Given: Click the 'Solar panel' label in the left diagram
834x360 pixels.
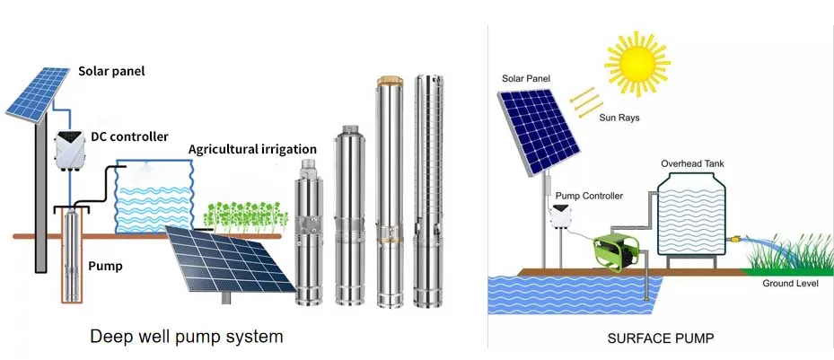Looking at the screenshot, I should pyautogui.click(x=112, y=71).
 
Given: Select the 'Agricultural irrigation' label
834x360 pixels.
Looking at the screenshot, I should pyautogui.click(x=252, y=148).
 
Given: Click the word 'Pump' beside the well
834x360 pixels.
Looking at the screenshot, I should pyautogui.click(x=105, y=266).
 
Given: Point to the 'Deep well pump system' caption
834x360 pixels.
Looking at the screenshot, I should pyautogui.click(x=187, y=338).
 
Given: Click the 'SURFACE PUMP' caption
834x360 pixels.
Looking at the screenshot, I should pyautogui.click(x=660, y=338).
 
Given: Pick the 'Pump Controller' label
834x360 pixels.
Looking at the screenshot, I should pyautogui.click(x=589, y=195).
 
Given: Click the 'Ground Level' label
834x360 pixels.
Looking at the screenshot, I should pyautogui.click(x=788, y=284).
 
